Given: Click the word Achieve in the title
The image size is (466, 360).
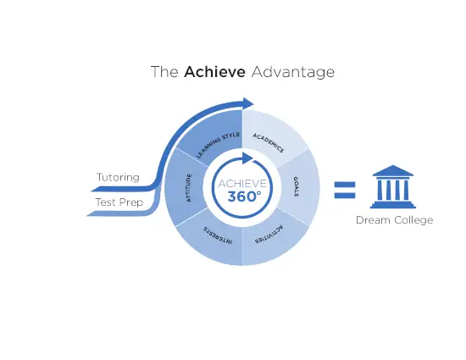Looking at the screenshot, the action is (x=214, y=72).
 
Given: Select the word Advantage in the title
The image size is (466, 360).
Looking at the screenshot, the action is (x=293, y=73).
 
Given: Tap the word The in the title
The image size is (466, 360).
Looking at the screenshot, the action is (x=164, y=72).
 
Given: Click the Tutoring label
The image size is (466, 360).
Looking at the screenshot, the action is (x=118, y=178).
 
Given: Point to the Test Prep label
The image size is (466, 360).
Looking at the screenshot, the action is (x=119, y=202).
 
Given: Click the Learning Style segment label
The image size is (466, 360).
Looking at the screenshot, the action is (x=218, y=145).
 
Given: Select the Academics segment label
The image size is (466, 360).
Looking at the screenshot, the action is (x=269, y=143).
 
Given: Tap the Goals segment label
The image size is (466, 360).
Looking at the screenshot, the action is (x=296, y=186).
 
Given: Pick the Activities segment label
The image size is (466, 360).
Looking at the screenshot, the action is (x=269, y=235).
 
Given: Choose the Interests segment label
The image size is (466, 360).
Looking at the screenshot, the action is (x=218, y=235).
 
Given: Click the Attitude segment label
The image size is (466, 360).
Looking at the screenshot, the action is (x=189, y=188).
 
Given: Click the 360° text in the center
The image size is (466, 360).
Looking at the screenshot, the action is (x=244, y=197).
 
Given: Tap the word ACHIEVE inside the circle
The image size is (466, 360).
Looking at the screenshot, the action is (x=242, y=184).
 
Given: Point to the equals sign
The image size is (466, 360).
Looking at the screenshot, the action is (x=345, y=190).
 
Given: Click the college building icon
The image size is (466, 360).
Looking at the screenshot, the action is (x=393, y=187).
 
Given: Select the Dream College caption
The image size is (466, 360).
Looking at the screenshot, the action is (x=394, y=220).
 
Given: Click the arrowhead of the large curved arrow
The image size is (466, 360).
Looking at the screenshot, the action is (x=247, y=103).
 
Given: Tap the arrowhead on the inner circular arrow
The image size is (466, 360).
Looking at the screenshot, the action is (x=247, y=158).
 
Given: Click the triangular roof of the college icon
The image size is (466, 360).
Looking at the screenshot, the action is (x=393, y=171).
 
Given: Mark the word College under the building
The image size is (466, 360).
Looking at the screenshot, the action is (x=413, y=220).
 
